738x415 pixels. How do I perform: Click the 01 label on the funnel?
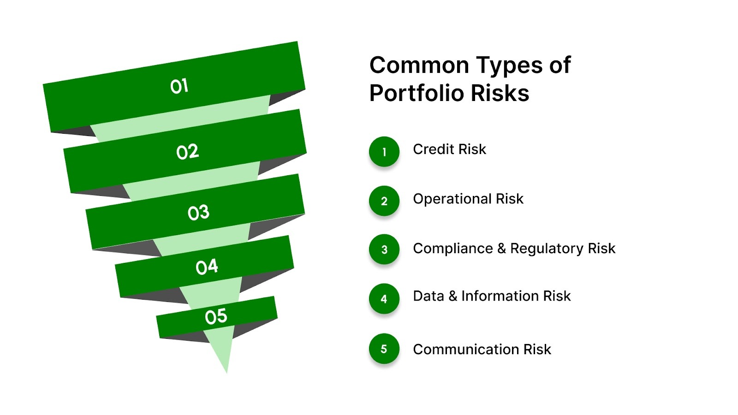click(179, 86)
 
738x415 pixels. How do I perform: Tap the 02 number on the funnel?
click(187, 152)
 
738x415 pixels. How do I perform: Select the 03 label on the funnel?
click(198, 213)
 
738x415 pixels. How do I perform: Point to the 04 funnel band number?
click(207, 267)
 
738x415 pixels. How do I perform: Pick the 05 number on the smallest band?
click(216, 317)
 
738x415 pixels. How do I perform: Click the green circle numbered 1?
click(384, 151)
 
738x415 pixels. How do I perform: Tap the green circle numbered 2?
click(384, 201)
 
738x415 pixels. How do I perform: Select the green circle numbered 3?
click(384, 249)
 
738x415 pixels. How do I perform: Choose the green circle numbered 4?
click(384, 299)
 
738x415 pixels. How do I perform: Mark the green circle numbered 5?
click(384, 349)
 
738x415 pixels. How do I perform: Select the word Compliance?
click(452, 249)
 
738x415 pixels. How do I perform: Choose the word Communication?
click(466, 350)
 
